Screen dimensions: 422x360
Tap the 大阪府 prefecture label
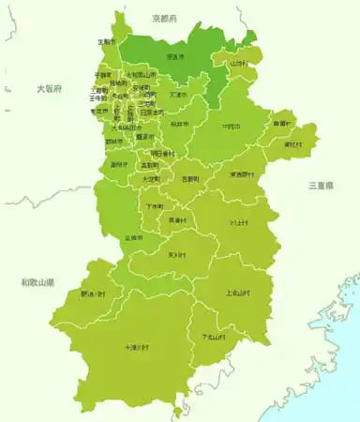point(49,88)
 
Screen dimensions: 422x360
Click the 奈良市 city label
point(175,57)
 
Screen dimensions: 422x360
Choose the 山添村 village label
point(237,64)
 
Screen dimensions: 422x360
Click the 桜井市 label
point(180,124)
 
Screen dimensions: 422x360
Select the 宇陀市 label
point(231,126)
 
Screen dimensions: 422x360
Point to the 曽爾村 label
point(282,123)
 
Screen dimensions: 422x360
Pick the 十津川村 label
point(137,347)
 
